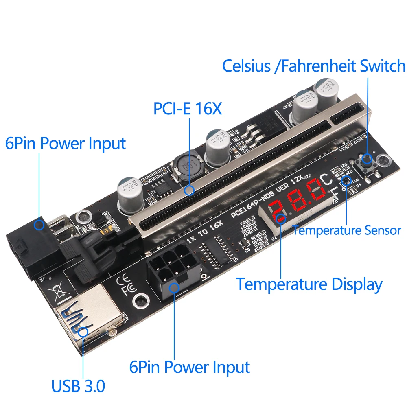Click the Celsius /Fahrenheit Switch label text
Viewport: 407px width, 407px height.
pos(313,66)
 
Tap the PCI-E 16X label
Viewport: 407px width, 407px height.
pos(188,109)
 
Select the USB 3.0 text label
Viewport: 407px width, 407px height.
pos(78,385)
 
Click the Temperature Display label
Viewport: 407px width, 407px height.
pos(309,284)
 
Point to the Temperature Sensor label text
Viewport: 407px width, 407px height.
pos(347,230)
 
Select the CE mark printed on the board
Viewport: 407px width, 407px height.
pos(123,280)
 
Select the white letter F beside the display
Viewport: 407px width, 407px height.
pos(335,193)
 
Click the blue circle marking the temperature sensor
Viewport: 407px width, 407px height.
pos(346,181)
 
